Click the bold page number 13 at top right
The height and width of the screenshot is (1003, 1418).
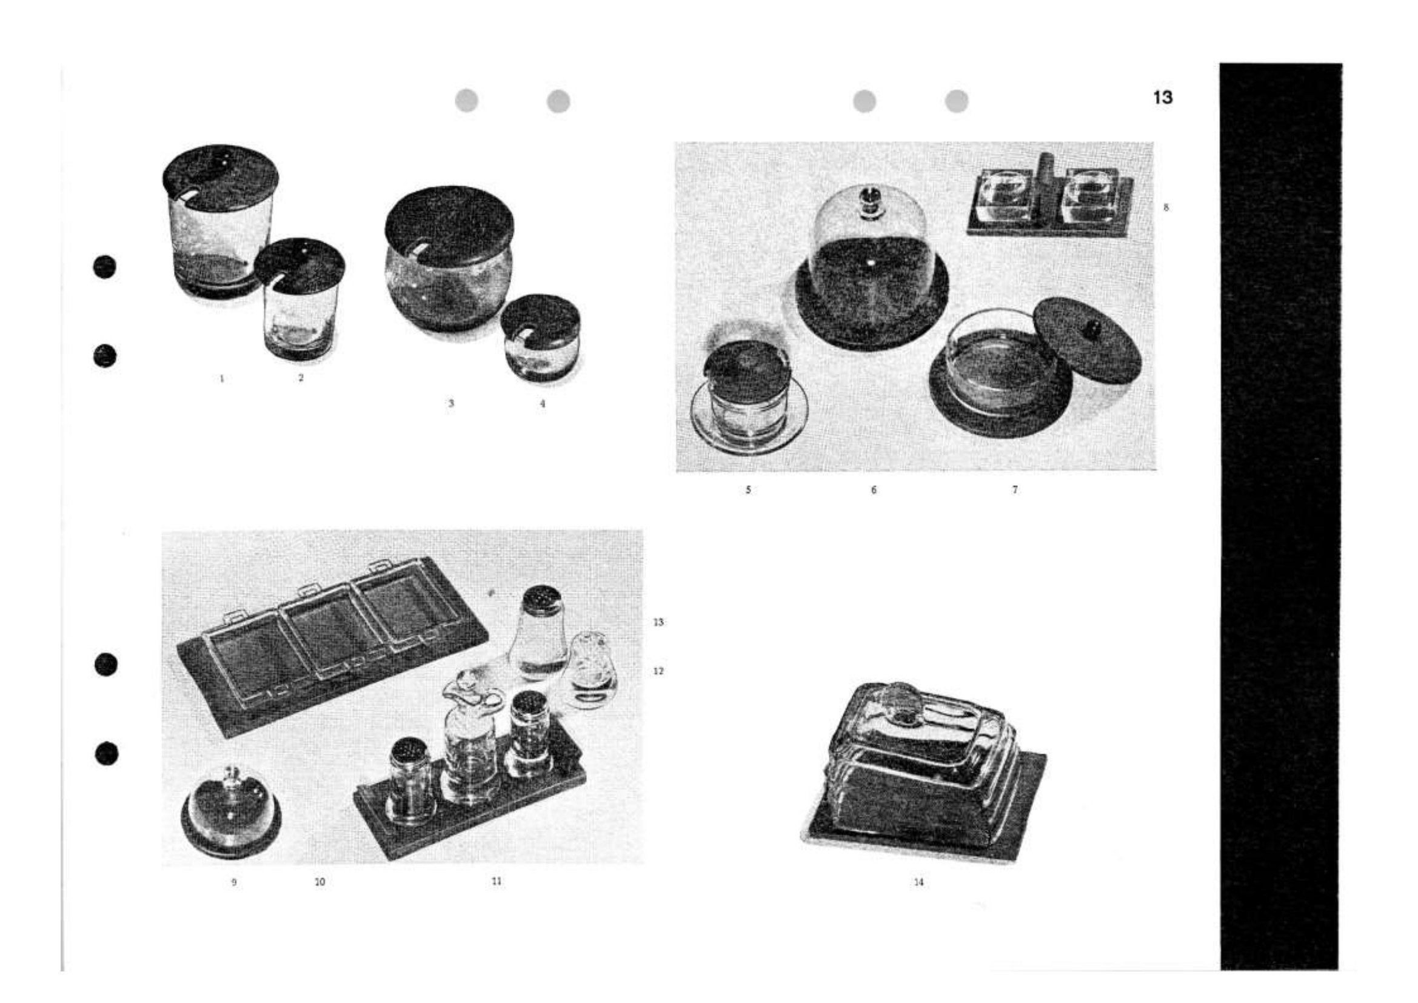coord(1163,98)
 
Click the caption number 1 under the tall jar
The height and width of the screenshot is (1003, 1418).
coord(222,378)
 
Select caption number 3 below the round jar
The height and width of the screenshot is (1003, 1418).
coord(451,403)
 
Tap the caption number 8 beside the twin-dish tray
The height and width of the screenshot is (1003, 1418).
coord(1166,207)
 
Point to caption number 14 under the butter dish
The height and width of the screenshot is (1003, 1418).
coord(918,882)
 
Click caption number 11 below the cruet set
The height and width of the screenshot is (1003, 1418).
coord(497,881)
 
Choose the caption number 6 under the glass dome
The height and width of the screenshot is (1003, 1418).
coord(873,491)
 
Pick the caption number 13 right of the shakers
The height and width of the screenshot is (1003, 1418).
coord(658,622)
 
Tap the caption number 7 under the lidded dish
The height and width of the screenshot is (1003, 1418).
coord(1015,490)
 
